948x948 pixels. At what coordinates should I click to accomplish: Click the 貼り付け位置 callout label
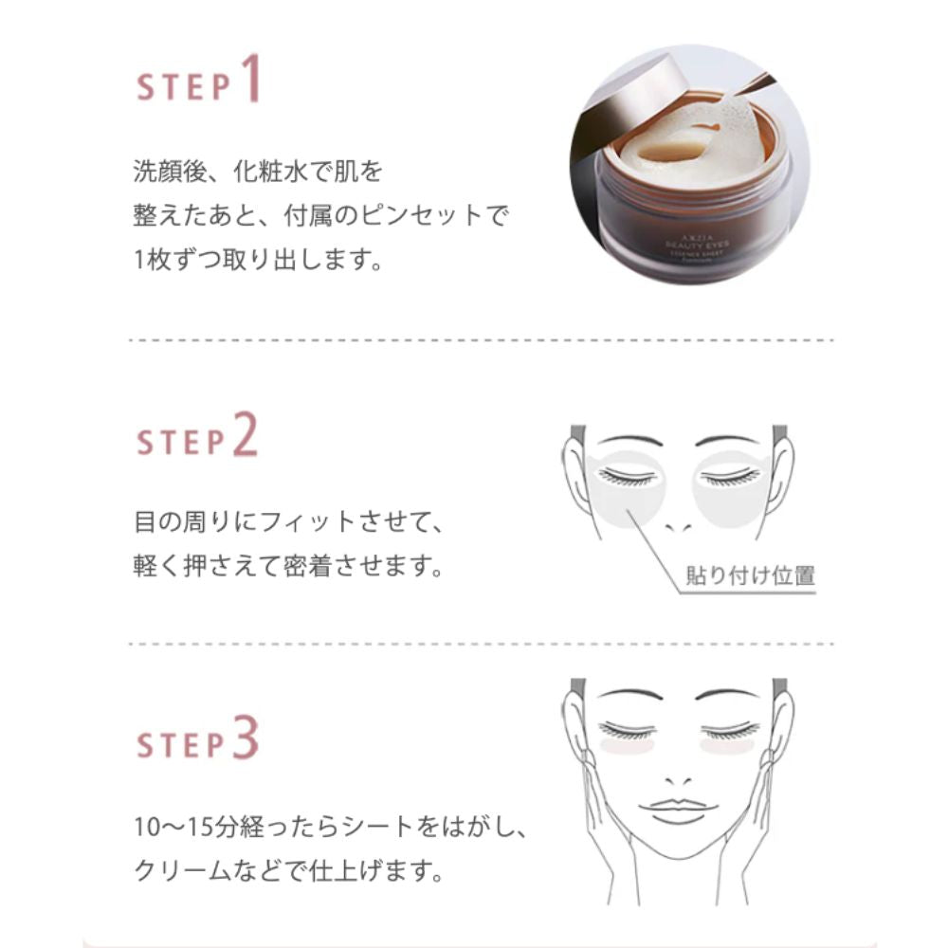[x=750, y=574]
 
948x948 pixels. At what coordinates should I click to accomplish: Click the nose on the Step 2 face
[x=680, y=524]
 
